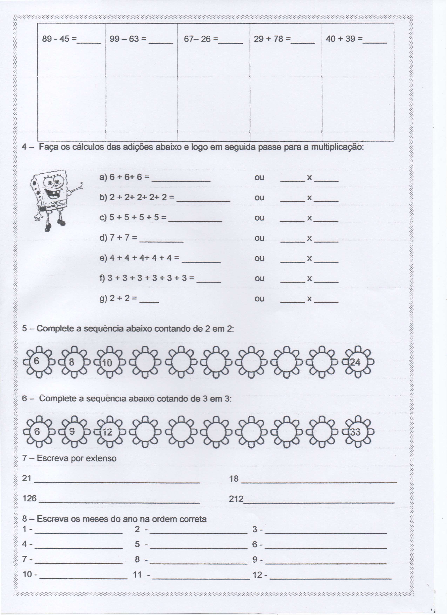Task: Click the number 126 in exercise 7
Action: [29, 498]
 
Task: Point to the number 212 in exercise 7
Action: [236, 498]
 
